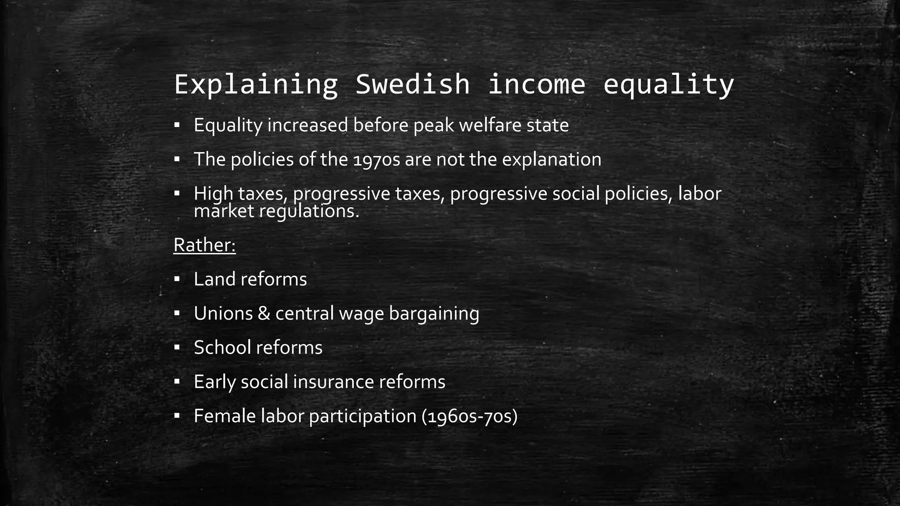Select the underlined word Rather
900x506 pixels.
click(204, 245)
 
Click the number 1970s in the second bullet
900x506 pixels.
click(377, 159)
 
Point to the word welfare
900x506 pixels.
click(484, 125)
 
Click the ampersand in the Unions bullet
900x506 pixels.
click(264, 313)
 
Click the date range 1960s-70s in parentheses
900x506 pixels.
click(469, 416)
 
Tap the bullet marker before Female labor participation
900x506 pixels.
click(177, 416)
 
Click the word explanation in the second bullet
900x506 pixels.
click(552, 159)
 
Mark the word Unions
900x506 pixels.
click(223, 313)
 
